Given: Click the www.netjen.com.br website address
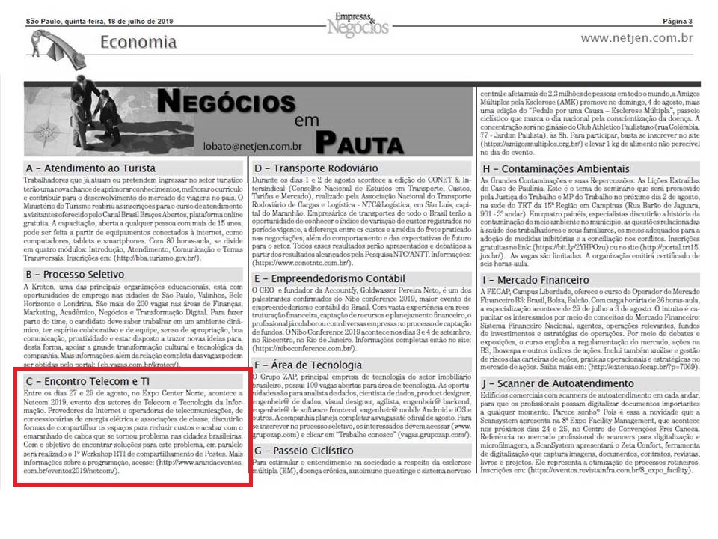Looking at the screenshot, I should (636, 38).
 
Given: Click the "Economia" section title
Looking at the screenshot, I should (138, 42).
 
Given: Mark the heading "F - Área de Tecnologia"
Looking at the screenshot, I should (308, 365).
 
